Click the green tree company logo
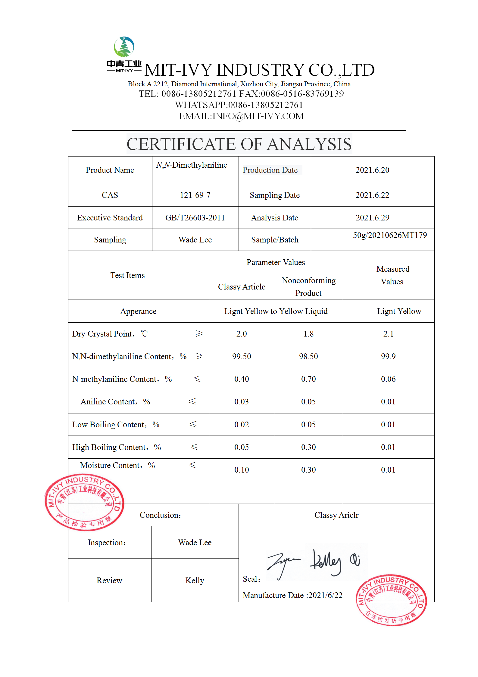(124, 47)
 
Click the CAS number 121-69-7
(195, 195)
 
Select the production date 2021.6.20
(372, 170)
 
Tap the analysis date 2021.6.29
(372, 218)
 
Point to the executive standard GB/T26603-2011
(195, 218)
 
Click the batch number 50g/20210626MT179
(390, 235)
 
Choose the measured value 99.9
(388, 356)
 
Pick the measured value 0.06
(388, 379)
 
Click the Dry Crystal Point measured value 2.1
(388, 334)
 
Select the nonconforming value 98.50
(308, 356)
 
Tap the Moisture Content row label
(117, 465)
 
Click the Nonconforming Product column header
(309, 287)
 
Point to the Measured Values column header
(392, 275)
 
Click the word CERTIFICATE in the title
(181, 144)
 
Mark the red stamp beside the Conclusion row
(84, 502)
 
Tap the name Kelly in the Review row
(195, 581)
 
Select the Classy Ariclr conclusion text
(336, 515)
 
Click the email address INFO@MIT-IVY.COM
(258, 116)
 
